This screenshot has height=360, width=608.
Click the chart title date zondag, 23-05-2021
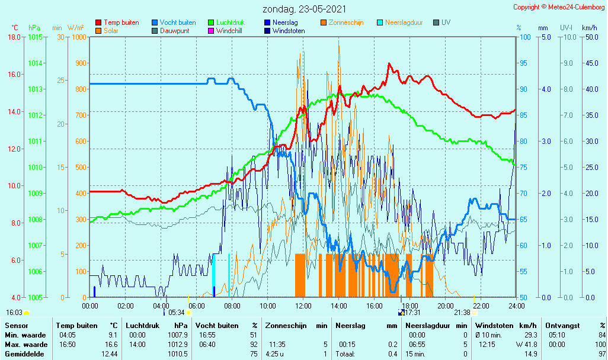(x=305, y=9)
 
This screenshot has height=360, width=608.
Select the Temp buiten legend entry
(x=117, y=22)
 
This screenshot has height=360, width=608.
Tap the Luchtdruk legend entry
(x=226, y=22)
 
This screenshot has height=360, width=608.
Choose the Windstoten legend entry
(x=284, y=31)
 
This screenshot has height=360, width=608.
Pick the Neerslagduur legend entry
(x=400, y=22)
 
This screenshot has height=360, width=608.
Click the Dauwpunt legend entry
(x=171, y=31)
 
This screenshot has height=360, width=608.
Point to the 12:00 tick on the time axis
(x=303, y=306)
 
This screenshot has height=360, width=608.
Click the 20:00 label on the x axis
(x=446, y=306)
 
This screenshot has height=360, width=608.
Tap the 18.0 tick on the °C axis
(x=14, y=37)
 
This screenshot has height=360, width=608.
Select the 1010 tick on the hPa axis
(x=35, y=168)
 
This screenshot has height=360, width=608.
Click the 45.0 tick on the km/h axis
(x=592, y=63)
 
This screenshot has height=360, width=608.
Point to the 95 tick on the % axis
(x=523, y=63)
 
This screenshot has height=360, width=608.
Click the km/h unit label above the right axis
(x=590, y=28)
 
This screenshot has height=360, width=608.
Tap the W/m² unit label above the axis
(x=76, y=28)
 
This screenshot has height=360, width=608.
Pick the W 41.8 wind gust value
(x=526, y=345)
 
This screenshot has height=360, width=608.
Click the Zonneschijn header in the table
(x=286, y=326)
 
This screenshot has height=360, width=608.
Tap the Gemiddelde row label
(x=25, y=354)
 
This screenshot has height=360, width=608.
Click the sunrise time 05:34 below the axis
(x=177, y=313)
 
